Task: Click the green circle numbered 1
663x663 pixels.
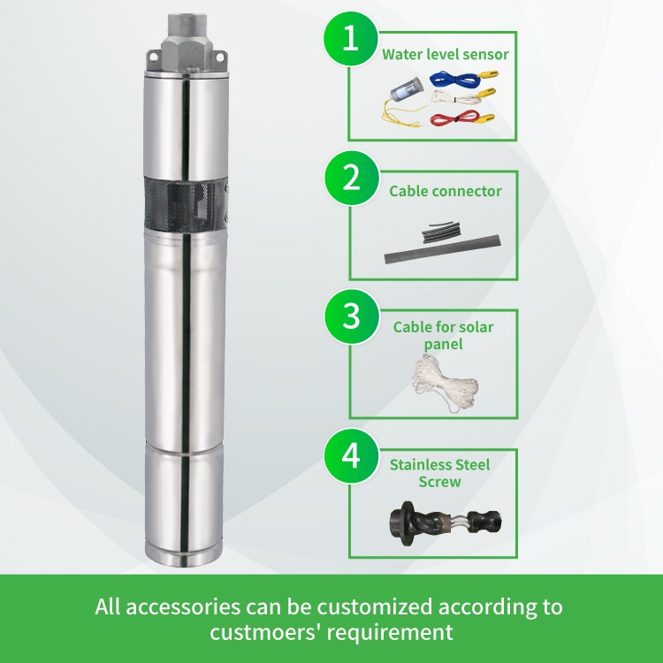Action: (351, 39)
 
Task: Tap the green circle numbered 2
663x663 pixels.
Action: (351, 178)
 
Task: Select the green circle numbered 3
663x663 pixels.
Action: (351, 316)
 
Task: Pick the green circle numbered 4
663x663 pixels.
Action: (351, 456)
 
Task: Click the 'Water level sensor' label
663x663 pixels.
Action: (445, 55)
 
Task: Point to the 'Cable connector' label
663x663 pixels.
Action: (446, 191)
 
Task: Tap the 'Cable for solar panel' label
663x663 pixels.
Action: (443, 335)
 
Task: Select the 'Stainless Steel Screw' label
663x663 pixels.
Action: (439, 473)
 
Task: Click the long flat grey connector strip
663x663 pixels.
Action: (442, 249)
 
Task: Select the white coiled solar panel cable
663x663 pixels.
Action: (445, 382)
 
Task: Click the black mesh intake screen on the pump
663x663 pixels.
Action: (186, 204)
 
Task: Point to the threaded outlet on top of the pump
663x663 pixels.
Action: (187, 25)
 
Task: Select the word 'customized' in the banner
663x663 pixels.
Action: (375, 606)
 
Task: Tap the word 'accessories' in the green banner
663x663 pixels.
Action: (183, 607)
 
